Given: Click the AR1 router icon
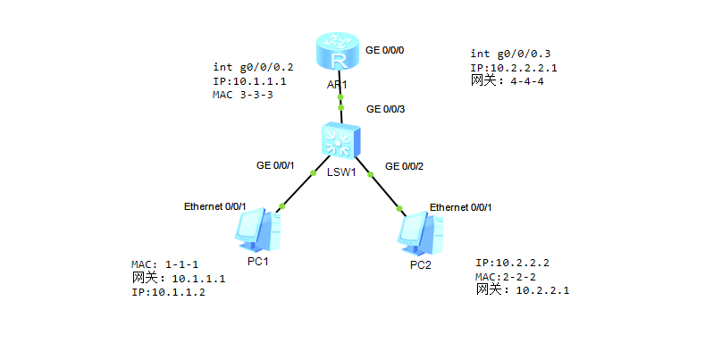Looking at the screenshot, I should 338,54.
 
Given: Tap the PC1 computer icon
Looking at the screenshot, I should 259,229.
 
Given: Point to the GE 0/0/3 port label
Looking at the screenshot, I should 386,109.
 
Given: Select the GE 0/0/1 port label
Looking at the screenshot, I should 275,165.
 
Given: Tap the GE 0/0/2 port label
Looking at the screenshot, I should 404,165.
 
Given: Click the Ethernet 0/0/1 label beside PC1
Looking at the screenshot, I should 214,206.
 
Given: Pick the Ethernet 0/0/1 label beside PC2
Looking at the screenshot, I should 460,207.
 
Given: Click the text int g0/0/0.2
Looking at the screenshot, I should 253,67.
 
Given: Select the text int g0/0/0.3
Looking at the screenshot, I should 511,54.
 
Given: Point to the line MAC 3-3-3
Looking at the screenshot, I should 242,95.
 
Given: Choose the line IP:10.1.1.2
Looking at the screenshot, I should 168,292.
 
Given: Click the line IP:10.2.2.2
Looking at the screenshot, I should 512,263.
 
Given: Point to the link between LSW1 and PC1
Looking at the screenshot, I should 297,189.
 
